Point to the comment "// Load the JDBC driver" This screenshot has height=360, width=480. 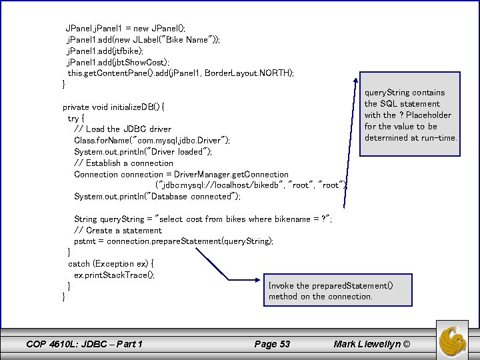(123, 129)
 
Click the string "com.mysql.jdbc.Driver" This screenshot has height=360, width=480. (179, 140)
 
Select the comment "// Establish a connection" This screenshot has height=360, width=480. (124, 163)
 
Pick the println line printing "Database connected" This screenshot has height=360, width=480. (157, 196)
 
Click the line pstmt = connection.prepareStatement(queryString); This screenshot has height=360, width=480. (173, 241)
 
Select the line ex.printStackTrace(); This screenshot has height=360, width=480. (114, 275)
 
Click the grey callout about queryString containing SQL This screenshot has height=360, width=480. (411, 115)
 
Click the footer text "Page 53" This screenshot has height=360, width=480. (272, 344)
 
